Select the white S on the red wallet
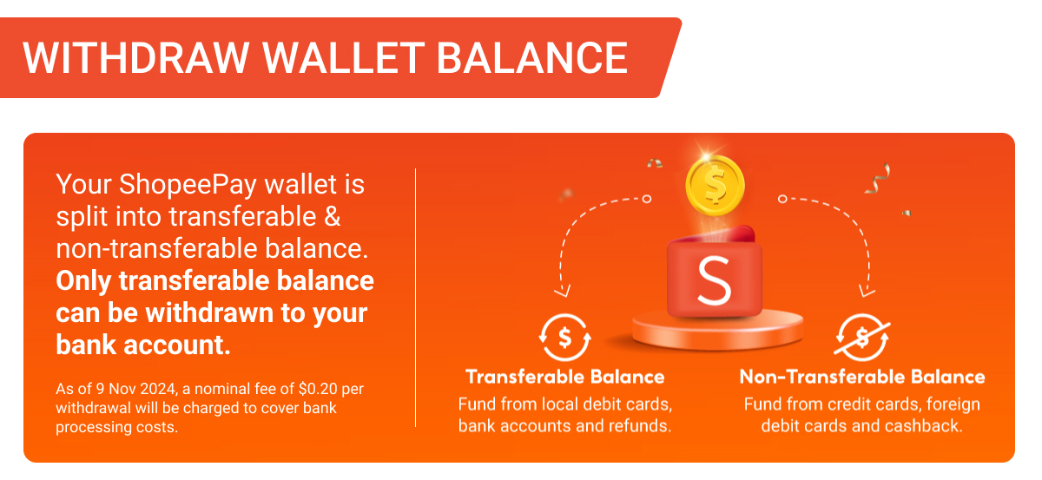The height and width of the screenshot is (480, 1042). pyautogui.click(x=714, y=279)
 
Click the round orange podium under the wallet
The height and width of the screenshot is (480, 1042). pyautogui.click(x=718, y=330)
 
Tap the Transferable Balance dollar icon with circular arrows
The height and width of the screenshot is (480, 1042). pyautogui.click(x=564, y=336)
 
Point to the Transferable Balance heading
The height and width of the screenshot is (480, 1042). pyautogui.click(x=565, y=377)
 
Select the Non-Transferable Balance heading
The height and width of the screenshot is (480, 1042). pyautogui.click(x=862, y=377)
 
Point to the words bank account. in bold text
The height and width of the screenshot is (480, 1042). pyautogui.click(x=143, y=345)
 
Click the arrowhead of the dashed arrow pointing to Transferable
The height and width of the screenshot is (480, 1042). pyautogui.click(x=563, y=291)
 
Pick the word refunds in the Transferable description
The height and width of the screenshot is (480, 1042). pyautogui.click(x=640, y=425)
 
